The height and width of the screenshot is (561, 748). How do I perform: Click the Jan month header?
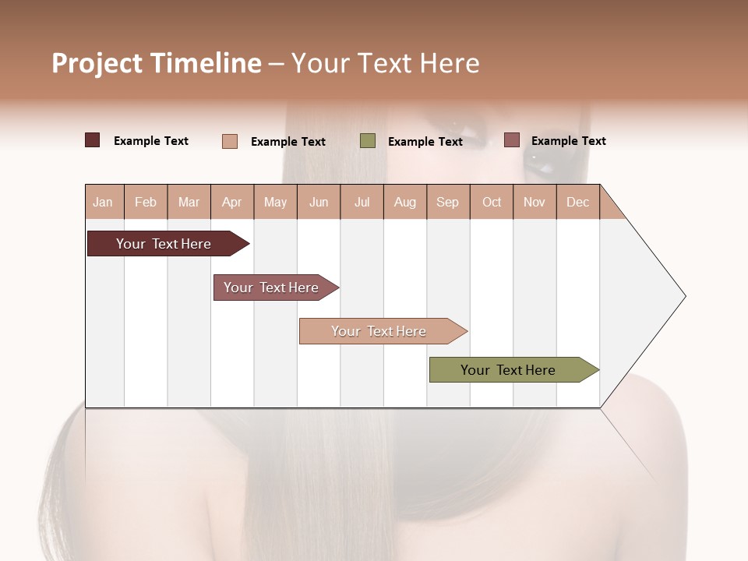tap(104, 202)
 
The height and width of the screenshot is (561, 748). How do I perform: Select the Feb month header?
tap(146, 202)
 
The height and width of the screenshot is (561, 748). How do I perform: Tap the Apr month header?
tap(232, 202)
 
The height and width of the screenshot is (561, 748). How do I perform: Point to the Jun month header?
tap(319, 202)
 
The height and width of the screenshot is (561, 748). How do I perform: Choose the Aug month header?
tap(405, 202)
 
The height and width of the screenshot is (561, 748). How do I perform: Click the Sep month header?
tap(448, 202)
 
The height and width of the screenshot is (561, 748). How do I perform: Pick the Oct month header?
tap(492, 202)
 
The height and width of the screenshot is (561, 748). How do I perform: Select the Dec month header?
tap(578, 202)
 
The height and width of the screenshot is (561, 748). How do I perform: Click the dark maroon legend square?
tap(93, 140)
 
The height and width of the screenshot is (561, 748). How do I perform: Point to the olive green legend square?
tap(368, 141)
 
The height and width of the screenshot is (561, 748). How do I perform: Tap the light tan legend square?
tap(230, 141)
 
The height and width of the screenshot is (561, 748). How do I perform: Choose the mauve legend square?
tap(511, 140)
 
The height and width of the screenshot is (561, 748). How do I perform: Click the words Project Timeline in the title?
tap(157, 63)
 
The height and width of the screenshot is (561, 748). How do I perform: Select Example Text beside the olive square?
tap(425, 142)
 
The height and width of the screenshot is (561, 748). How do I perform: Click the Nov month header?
tap(535, 202)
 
